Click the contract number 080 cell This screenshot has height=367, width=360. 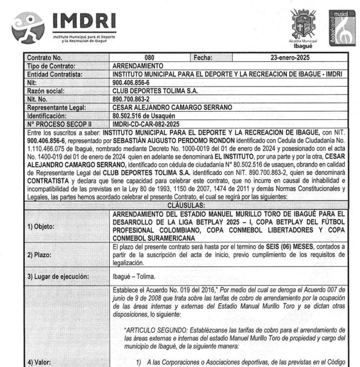click(150, 58)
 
